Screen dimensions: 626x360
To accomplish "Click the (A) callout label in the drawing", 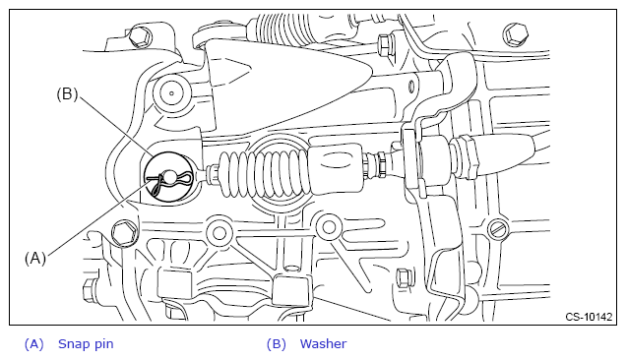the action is [35, 259].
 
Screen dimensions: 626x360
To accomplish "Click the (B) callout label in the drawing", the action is [67, 94].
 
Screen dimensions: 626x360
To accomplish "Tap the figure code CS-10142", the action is [589, 317].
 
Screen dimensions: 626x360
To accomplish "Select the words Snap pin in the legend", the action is [86, 343].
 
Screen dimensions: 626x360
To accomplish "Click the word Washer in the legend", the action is [323, 343].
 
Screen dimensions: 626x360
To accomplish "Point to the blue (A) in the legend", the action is [33, 343].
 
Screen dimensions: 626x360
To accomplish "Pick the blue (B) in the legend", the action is [277, 343].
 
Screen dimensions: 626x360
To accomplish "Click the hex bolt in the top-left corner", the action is [141, 36].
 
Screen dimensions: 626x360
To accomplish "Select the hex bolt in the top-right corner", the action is [516, 33].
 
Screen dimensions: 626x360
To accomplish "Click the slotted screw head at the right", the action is [499, 229].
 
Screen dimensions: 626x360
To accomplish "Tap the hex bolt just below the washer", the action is [124, 233].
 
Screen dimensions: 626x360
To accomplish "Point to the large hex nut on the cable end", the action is [466, 156].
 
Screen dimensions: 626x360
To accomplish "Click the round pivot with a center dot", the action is [171, 93].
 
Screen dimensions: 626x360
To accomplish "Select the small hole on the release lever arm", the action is [411, 85].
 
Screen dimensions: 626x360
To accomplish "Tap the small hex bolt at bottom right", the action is [404, 277].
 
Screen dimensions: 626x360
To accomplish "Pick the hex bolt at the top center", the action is [386, 45].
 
